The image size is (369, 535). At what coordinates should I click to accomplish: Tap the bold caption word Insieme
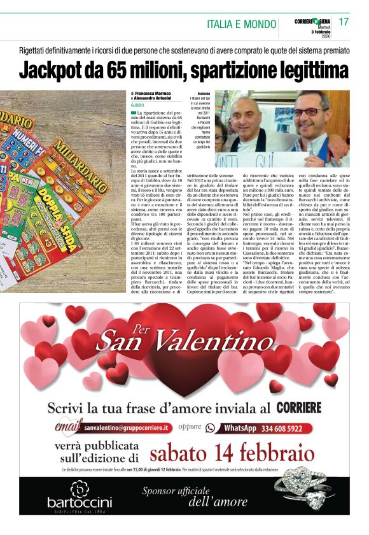(204, 94)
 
